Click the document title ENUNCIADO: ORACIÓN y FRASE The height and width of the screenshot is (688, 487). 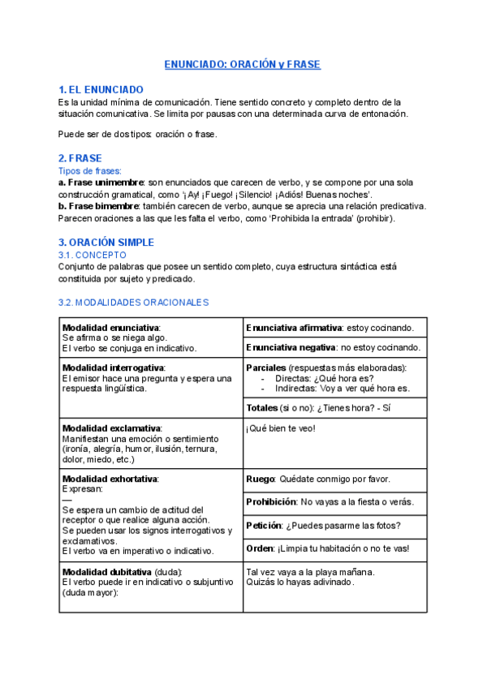[x=243, y=64]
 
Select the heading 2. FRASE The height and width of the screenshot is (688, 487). [x=80, y=158]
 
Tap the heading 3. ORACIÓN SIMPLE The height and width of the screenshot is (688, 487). [x=106, y=243]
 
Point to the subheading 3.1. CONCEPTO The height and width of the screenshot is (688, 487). [x=93, y=255]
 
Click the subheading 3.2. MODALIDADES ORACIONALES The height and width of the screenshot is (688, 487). [x=134, y=302]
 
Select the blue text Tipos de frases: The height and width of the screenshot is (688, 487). [x=90, y=171]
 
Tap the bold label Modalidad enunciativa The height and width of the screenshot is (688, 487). [x=111, y=327]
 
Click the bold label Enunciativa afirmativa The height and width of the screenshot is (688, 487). [x=293, y=328]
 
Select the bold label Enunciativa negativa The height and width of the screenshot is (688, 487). [x=290, y=347]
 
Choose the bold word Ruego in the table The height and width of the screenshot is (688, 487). [x=260, y=479]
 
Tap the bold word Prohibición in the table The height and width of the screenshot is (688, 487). [x=271, y=502]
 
